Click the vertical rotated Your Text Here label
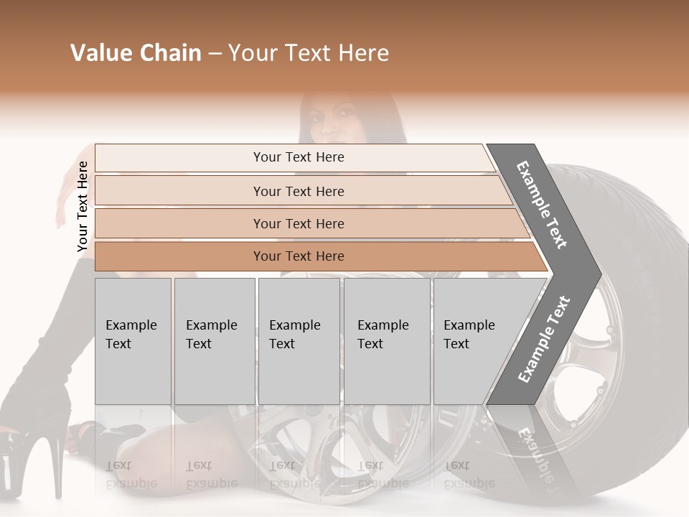coord(83,207)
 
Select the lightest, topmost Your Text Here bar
coord(298,157)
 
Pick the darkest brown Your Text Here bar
coord(298,256)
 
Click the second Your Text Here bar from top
coord(298,191)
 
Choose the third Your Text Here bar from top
coord(298,223)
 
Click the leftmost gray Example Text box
coord(133,341)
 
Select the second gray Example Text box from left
coord(214,341)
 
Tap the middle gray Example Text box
coord(299,341)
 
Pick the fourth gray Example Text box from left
coord(386,341)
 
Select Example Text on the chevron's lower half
coord(544,339)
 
